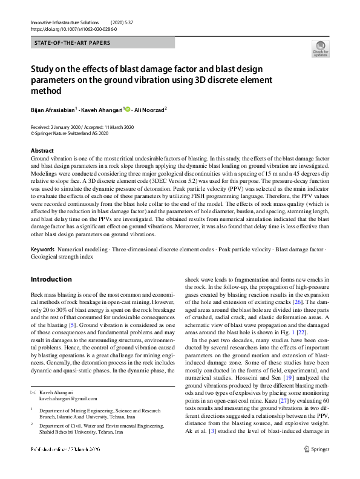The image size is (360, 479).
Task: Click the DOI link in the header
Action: [x=73, y=28]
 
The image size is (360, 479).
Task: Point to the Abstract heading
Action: [x=42, y=150]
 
